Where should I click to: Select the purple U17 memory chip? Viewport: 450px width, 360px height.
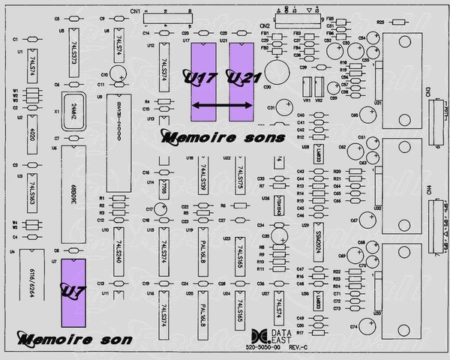point(202,81)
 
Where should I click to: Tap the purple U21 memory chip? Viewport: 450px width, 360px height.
point(241,81)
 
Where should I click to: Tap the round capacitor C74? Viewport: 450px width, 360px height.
point(367,325)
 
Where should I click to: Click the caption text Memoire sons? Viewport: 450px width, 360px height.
point(223,138)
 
